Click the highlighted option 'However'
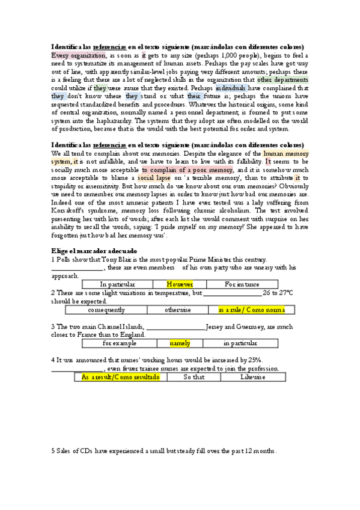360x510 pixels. (180, 284)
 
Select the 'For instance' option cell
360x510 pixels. (242, 284)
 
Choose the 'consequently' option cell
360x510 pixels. (106, 310)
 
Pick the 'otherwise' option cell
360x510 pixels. (178, 310)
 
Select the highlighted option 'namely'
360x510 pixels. (180, 343)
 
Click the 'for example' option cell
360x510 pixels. (119, 343)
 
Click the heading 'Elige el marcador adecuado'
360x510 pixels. (94, 250)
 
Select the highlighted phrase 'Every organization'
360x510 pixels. (75, 55)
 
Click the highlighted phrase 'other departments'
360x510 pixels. (282, 79)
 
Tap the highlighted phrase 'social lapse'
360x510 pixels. (153, 178)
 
